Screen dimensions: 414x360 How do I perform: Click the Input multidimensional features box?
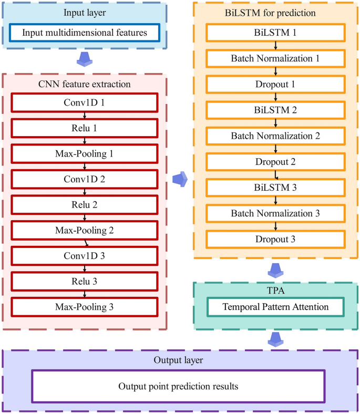coord(84,33)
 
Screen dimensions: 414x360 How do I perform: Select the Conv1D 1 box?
coord(84,102)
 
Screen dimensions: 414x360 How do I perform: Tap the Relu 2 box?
coord(84,204)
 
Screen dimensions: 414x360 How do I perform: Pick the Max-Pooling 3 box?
coord(84,306)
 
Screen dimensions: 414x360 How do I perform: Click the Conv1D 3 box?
coord(84,255)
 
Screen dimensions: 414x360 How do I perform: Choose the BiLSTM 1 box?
coord(275,33)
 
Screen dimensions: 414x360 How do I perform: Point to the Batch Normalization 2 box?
coord(275,136)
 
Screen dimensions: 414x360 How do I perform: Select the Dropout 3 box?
coord(275,239)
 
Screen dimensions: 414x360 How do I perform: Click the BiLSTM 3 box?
coord(275,187)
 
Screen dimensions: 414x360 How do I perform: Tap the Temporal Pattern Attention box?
coord(275,306)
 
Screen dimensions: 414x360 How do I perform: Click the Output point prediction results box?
coord(179,386)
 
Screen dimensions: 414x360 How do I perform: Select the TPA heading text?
coord(276,291)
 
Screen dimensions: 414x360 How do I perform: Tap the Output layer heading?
coord(179,360)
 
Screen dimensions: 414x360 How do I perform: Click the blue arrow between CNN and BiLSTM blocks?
coord(180,179)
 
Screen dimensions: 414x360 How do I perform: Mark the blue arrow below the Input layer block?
coord(85,59)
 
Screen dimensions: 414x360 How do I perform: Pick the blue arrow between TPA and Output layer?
coord(275,340)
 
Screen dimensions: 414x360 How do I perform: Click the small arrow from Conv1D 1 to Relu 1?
coord(84,115)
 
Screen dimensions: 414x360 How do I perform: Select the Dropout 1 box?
coord(275,84)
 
